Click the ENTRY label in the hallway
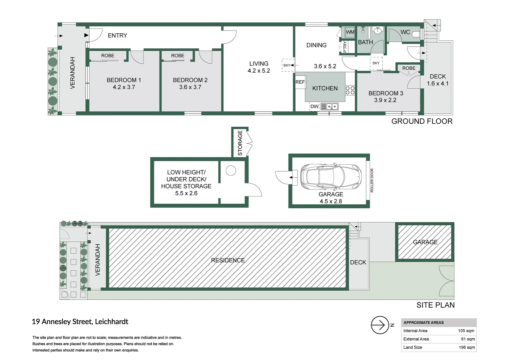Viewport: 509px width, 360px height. click(117, 35)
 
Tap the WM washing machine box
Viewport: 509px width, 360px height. click(350, 32)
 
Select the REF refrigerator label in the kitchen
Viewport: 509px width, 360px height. click(300, 82)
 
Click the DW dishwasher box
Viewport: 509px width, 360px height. click(314, 106)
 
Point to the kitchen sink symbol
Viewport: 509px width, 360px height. click(329, 106)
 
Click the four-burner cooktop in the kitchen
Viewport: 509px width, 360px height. click(350, 90)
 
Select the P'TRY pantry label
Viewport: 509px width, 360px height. click(345, 47)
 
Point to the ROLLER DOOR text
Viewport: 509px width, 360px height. click(372, 180)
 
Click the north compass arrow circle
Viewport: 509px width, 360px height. click(380, 325)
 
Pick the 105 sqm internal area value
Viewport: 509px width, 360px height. click(466, 331)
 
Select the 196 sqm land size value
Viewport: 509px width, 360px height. click(467, 347)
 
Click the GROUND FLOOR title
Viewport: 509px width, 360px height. click(422, 121)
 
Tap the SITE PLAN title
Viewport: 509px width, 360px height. click(435, 305)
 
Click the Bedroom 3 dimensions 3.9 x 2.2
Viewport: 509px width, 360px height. click(385, 100)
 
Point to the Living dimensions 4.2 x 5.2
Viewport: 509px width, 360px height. click(259, 71)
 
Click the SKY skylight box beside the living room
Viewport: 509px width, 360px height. click(288, 65)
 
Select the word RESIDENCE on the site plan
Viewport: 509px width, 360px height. click(228, 260)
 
